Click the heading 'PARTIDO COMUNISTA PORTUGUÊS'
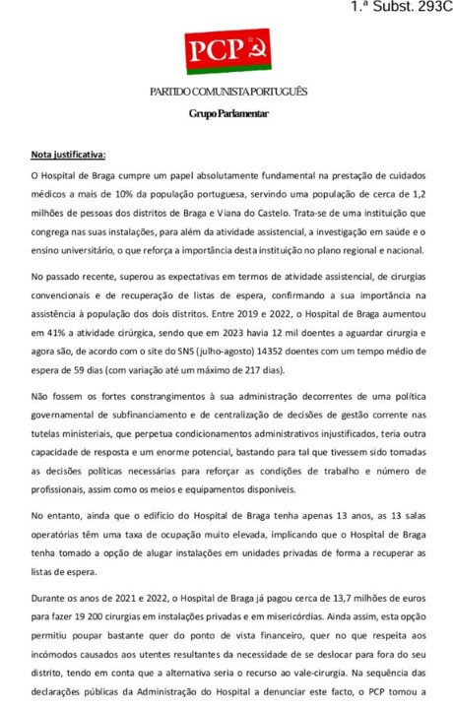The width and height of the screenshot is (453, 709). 227,92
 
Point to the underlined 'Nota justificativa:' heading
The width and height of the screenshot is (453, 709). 69,155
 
